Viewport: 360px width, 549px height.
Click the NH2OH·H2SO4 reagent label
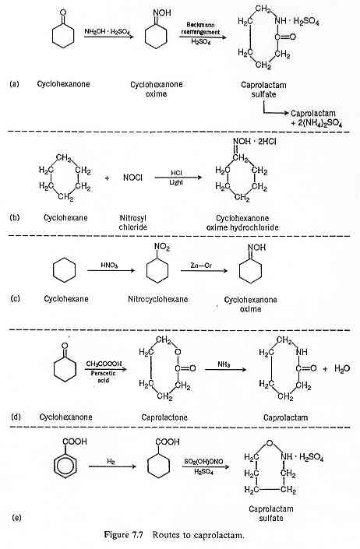108,31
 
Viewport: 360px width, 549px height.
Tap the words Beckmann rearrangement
200,28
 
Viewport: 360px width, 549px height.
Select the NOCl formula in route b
132,178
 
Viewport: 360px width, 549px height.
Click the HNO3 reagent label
109,265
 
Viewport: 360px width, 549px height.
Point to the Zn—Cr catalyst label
201,266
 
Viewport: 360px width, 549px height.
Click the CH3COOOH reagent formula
104,364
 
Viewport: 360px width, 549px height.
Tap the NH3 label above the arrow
224,364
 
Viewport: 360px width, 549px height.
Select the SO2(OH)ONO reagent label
203,462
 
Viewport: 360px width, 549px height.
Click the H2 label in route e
111,462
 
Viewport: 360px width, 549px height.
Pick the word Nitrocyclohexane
157,299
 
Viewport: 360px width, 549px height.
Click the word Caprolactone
164,417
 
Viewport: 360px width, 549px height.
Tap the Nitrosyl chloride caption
132,223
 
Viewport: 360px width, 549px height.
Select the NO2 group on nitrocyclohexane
161,247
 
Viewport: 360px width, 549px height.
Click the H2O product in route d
342,368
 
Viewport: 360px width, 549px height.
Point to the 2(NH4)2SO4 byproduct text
316,124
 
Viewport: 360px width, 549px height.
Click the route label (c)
15,299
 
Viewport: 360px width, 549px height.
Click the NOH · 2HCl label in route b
254,142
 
